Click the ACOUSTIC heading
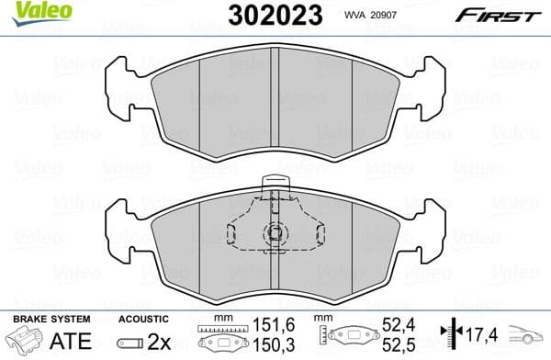[145, 318]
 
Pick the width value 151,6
[264, 325]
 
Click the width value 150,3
[264, 345]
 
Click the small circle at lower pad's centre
[275, 233]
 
